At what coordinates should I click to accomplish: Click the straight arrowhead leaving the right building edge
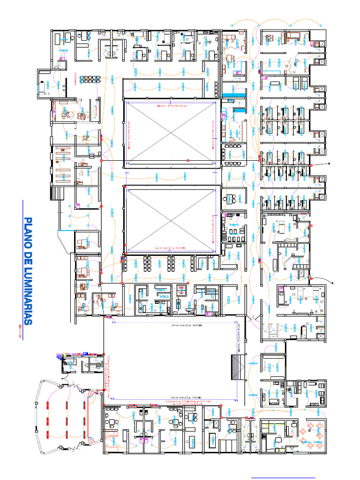pyautogui.click(x=330, y=163)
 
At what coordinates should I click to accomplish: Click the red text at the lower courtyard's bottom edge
pyautogui.click(x=170, y=248)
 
